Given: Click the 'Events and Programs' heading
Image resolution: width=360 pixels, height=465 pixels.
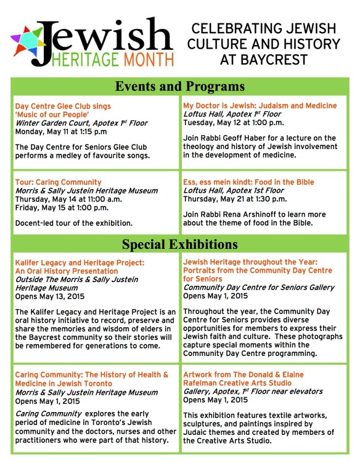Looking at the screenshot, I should point(179,86).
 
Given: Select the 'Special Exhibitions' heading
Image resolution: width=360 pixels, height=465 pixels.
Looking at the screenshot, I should point(179,244).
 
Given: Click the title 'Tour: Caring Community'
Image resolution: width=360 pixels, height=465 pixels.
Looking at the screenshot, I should point(58,182).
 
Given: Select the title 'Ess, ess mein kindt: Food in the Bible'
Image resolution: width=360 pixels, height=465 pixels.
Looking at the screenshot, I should point(248,182).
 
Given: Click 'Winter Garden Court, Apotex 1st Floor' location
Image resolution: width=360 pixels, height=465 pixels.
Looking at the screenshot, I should point(81,123).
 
